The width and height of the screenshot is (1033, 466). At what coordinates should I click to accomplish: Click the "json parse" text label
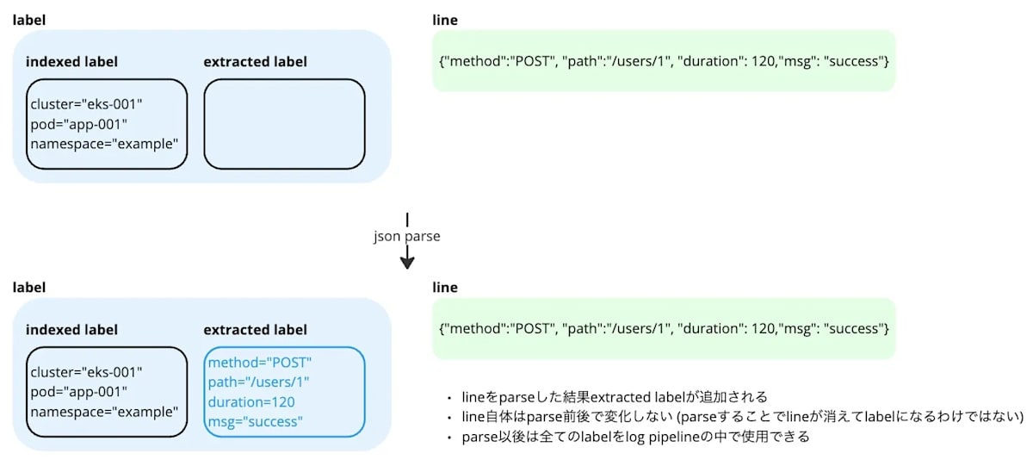point(406,235)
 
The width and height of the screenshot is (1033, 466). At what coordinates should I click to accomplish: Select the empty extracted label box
point(284,124)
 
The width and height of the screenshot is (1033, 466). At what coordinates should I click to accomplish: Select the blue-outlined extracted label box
point(284,392)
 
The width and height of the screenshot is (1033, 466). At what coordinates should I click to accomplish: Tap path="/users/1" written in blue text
point(258,382)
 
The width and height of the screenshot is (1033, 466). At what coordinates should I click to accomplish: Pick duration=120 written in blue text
point(251,401)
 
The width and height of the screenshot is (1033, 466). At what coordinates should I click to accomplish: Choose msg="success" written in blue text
point(255,421)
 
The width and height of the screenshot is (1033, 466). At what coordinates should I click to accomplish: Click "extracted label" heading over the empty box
point(255,62)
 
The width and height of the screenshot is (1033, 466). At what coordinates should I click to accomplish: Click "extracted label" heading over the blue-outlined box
point(255,330)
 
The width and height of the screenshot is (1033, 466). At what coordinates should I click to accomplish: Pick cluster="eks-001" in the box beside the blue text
point(86,372)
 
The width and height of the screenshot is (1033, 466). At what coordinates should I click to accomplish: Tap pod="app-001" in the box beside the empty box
point(79,124)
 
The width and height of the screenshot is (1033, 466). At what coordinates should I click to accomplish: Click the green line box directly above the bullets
point(663,329)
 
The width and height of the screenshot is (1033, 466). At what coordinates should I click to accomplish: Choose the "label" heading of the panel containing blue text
point(28,288)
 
